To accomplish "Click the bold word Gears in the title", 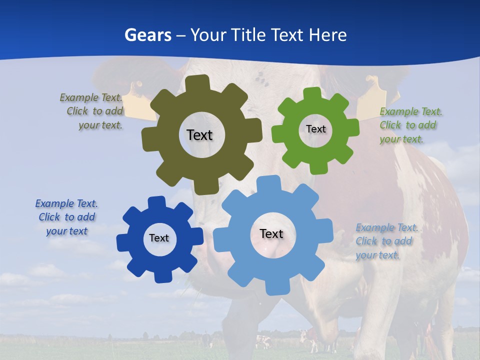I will point(147,35).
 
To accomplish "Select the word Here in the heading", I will point(327,35).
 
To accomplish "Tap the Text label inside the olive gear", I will point(199,135).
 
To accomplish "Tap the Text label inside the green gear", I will point(315,129).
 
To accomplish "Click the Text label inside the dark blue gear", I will point(159,238).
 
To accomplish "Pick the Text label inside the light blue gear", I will point(271,233).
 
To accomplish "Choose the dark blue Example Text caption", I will point(66,217).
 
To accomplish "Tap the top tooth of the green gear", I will point(313,94).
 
